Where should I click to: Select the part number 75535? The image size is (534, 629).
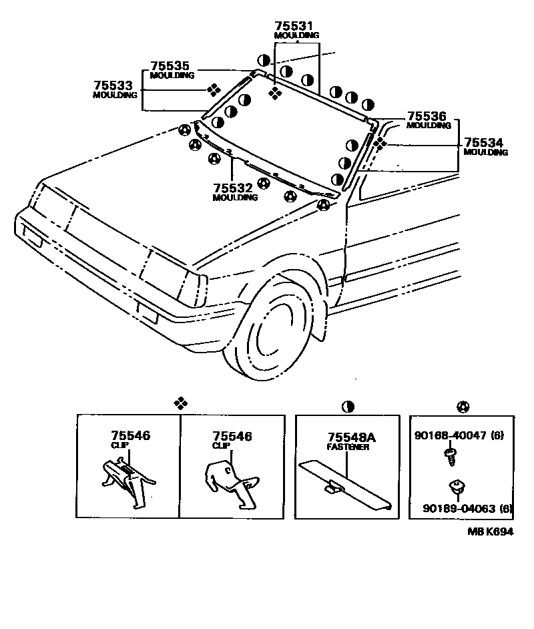[170, 66]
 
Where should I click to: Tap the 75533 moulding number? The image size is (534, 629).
[113, 86]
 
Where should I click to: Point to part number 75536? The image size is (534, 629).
[427, 116]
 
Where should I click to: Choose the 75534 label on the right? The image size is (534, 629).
[484, 143]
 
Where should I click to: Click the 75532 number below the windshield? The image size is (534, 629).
[234, 188]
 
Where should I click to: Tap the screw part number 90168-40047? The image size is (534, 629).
[451, 436]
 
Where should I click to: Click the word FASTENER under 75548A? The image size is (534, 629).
[348, 447]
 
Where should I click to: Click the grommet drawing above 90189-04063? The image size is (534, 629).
[458, 488]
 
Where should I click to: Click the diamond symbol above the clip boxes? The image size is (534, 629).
[180, 403]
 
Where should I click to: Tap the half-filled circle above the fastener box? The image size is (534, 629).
[348, 406]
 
